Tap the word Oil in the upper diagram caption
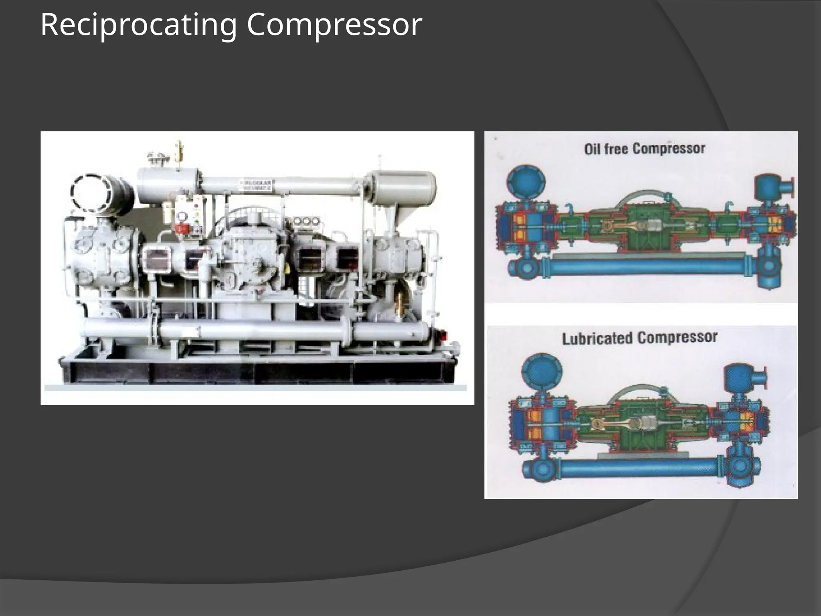tap(592, 149)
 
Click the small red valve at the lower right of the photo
tap(442, 334)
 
